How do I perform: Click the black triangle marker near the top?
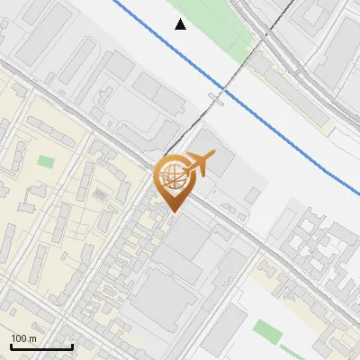[181, 24]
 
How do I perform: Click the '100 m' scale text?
[23, 338]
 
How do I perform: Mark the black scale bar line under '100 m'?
[41, 346]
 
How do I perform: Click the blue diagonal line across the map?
[270, 116]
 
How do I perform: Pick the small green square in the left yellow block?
[45, 162]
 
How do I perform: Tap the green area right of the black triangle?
[216, 27]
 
